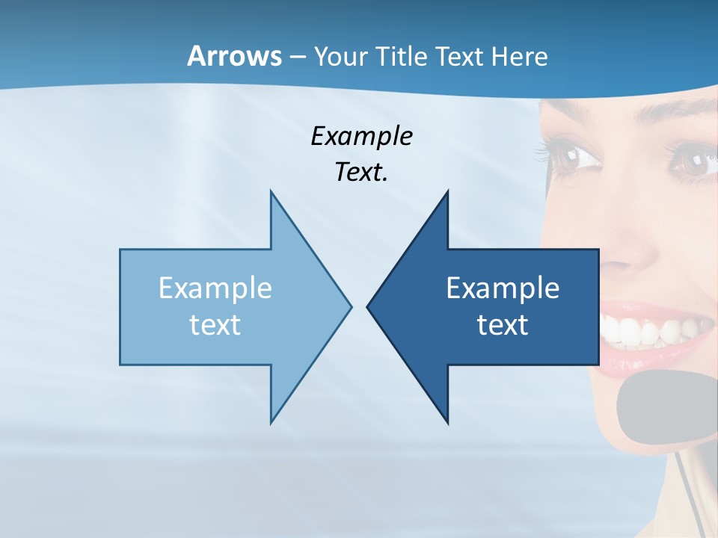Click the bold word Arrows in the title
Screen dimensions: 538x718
234,56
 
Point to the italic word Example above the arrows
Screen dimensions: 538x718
361,137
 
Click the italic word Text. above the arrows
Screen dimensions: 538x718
361,173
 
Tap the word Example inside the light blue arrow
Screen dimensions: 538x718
215,288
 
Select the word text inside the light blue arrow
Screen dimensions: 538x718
215,324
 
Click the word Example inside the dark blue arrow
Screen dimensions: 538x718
503,288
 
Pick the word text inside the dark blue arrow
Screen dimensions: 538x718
503,324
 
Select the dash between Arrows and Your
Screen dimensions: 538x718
296,57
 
